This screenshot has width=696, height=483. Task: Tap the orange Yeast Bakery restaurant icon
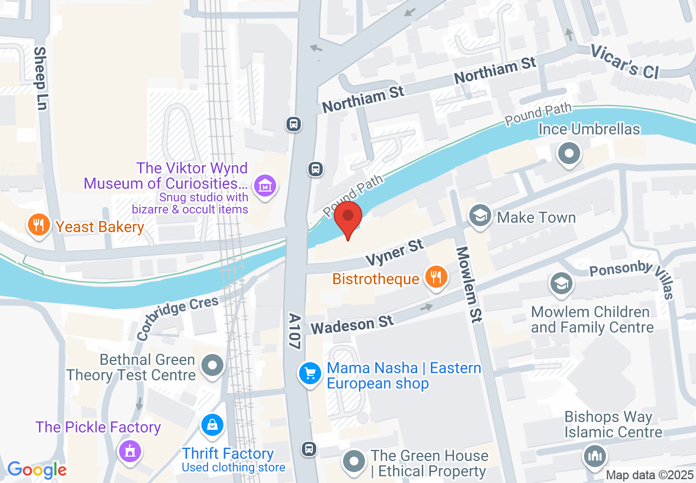pyautogui.click(x=38, y=226)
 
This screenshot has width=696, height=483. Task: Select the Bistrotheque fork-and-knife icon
pyautogui.click(x=436, y=277)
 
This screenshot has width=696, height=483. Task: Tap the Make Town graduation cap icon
pyautogui.click(x=481, y=216)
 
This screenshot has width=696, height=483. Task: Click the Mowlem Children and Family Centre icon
pyautogui.click(x=561, y=284)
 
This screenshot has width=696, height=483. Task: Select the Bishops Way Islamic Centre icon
pyautogui.click(x=595, y=455)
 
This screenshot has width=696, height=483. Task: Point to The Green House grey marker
pyautogui.click(x=354, y=461)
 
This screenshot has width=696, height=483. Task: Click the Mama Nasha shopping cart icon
pyautogui.click(x=310, y=374)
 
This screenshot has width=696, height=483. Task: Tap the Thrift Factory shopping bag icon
pyautogui.click(x=211, y=425)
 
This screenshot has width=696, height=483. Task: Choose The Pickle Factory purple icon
pyautogui.click(x=130, y=451)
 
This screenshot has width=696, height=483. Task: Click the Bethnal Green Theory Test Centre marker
pyautogui.click(x=212, y=365)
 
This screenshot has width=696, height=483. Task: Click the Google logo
pyautogui.click(x=37, y=470)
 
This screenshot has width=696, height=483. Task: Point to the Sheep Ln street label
pyautogui.click(x=40, y=78)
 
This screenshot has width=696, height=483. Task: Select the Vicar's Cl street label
pyautogui.click(x=624, y=61)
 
